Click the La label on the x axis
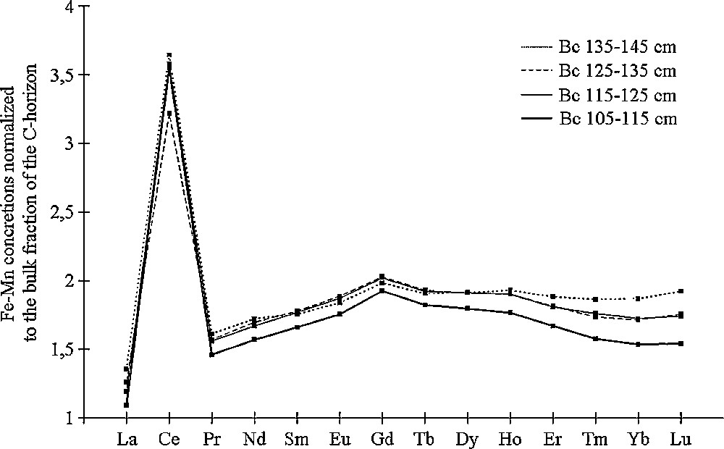[x=126, y=438]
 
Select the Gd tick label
[x=382, y=438]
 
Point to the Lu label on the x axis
[x=681, y=438]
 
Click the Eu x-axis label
[x=340, y=438]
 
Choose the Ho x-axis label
[x=510, y=438]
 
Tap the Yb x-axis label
[x=639, y=438]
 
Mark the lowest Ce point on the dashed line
[x=169, y=113]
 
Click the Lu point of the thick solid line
[x=681, y=343]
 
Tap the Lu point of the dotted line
[x=681, y=291]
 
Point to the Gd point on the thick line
[x=382, y=290]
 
